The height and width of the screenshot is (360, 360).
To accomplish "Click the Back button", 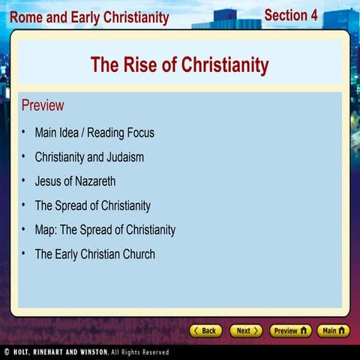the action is point(205,331).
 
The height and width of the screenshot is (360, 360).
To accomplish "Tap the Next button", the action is point(246,331).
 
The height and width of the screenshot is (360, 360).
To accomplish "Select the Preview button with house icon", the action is point(290,331).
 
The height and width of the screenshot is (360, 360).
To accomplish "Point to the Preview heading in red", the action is point(43,105).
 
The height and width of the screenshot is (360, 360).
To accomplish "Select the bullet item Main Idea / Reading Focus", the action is point(94,133).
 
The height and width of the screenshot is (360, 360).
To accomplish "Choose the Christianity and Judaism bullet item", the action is point(89,157).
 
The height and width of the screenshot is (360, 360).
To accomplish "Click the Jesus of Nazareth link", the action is point(75,181).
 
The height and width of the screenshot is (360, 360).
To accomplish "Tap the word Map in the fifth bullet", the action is point(46,230).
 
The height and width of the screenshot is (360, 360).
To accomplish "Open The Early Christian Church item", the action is point(95,254).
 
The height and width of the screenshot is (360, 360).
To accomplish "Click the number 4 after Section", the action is point(314,15).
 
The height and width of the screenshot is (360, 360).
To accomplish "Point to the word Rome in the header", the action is point(26,17).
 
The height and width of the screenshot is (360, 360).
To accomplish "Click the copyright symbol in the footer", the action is point(7,352).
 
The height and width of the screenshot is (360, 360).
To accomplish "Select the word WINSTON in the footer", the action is point(94,352).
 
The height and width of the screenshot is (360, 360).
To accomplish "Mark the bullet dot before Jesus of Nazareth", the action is point(23,180).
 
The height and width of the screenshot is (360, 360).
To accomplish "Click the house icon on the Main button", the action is point(341,331).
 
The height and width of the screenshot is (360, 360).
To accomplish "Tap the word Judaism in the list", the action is point(125,157).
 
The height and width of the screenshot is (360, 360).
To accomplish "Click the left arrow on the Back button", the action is point(196,331).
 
